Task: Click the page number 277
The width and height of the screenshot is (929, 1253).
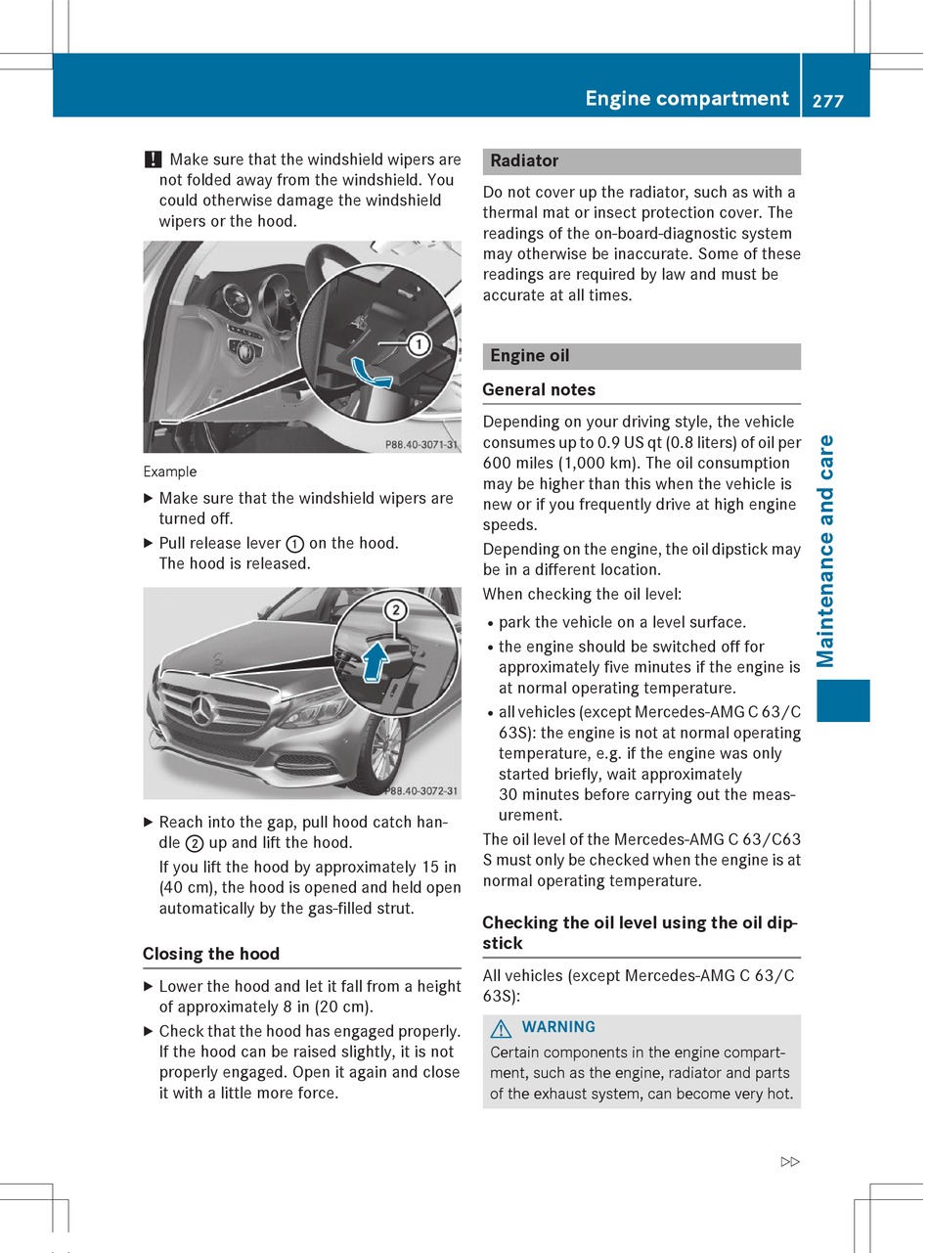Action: coord(827,100)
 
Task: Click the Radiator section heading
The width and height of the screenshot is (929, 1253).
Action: coord(524,160)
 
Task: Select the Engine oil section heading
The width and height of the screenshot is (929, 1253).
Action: coord(530,356)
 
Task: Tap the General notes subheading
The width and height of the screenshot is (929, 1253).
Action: coord(539,389)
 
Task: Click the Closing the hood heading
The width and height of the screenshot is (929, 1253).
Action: coord(211,954)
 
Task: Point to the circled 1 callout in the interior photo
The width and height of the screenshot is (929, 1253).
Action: coord(419,344)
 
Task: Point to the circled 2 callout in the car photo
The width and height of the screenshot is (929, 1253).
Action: coord(395,610)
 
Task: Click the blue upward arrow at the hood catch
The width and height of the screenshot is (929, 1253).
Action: coord(373,663)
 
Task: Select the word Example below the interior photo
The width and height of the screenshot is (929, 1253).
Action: coord(169,472)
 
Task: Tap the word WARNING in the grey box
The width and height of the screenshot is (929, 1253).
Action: coord(558,1027)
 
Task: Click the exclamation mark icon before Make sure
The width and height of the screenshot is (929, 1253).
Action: coord(153,159)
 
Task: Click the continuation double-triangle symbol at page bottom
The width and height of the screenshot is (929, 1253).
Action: coord(790,1162)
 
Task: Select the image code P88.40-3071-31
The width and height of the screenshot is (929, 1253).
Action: coord(420,444)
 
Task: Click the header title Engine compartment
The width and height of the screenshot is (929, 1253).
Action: coord(686,99)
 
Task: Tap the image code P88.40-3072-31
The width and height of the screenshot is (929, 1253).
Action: coord(420,790)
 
